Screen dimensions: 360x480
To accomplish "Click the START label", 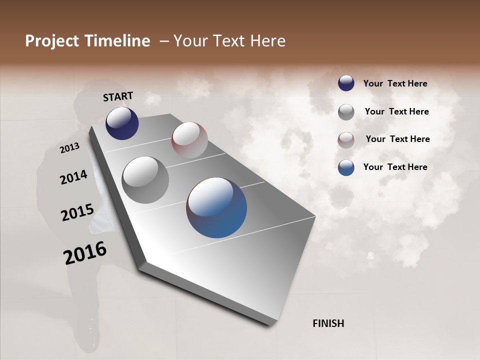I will click(118, 96).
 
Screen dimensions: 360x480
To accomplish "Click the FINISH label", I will click(328, 323).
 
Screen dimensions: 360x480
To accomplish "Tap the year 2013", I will click(69, 148).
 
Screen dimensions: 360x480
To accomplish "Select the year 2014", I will click(73, 177).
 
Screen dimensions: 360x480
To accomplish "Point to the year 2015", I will click(77, 212).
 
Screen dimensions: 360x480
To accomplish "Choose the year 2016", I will click(85, 253).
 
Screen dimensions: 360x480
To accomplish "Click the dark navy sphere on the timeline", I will click(122, 123).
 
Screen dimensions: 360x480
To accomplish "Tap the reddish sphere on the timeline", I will click(189, 140).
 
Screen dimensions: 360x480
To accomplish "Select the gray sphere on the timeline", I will click(145, 180).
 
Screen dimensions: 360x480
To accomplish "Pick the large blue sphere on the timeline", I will click(216, 207).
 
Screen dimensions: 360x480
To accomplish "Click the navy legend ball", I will click(346, 83).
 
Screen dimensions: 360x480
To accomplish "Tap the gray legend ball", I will click(346, 112).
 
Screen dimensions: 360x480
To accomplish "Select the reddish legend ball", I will click(346, 140).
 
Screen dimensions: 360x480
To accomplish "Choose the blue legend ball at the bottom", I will click(346, 167).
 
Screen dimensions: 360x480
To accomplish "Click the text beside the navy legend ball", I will click(395, 84).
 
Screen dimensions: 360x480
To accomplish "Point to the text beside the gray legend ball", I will click(396, 112).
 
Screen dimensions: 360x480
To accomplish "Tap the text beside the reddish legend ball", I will click(397, 139).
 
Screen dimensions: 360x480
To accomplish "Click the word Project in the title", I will click(52, 41).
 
